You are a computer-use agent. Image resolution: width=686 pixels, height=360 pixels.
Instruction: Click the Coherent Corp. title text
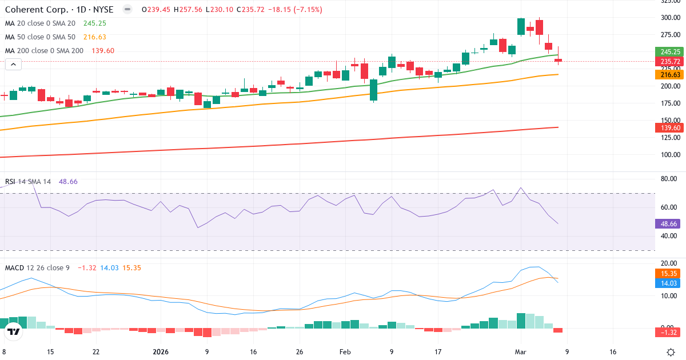35,9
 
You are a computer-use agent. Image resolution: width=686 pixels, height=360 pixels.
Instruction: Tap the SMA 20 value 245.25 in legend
94,23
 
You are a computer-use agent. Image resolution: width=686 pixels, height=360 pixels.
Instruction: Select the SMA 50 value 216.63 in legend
94,37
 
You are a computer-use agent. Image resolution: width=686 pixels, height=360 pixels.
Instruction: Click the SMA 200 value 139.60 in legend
102,51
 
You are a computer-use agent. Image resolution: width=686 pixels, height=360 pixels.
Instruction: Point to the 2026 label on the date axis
160,352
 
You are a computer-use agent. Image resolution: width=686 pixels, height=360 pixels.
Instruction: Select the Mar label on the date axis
520,352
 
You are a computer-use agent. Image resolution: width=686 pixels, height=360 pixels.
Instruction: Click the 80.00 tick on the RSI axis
669,179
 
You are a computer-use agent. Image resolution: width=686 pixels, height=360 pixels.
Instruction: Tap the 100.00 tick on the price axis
669,155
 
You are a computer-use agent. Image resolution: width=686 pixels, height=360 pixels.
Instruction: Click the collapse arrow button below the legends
13,65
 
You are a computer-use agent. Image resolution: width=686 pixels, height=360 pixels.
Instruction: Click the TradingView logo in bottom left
14,331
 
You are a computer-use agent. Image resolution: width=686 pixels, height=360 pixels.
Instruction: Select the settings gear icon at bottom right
671,351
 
